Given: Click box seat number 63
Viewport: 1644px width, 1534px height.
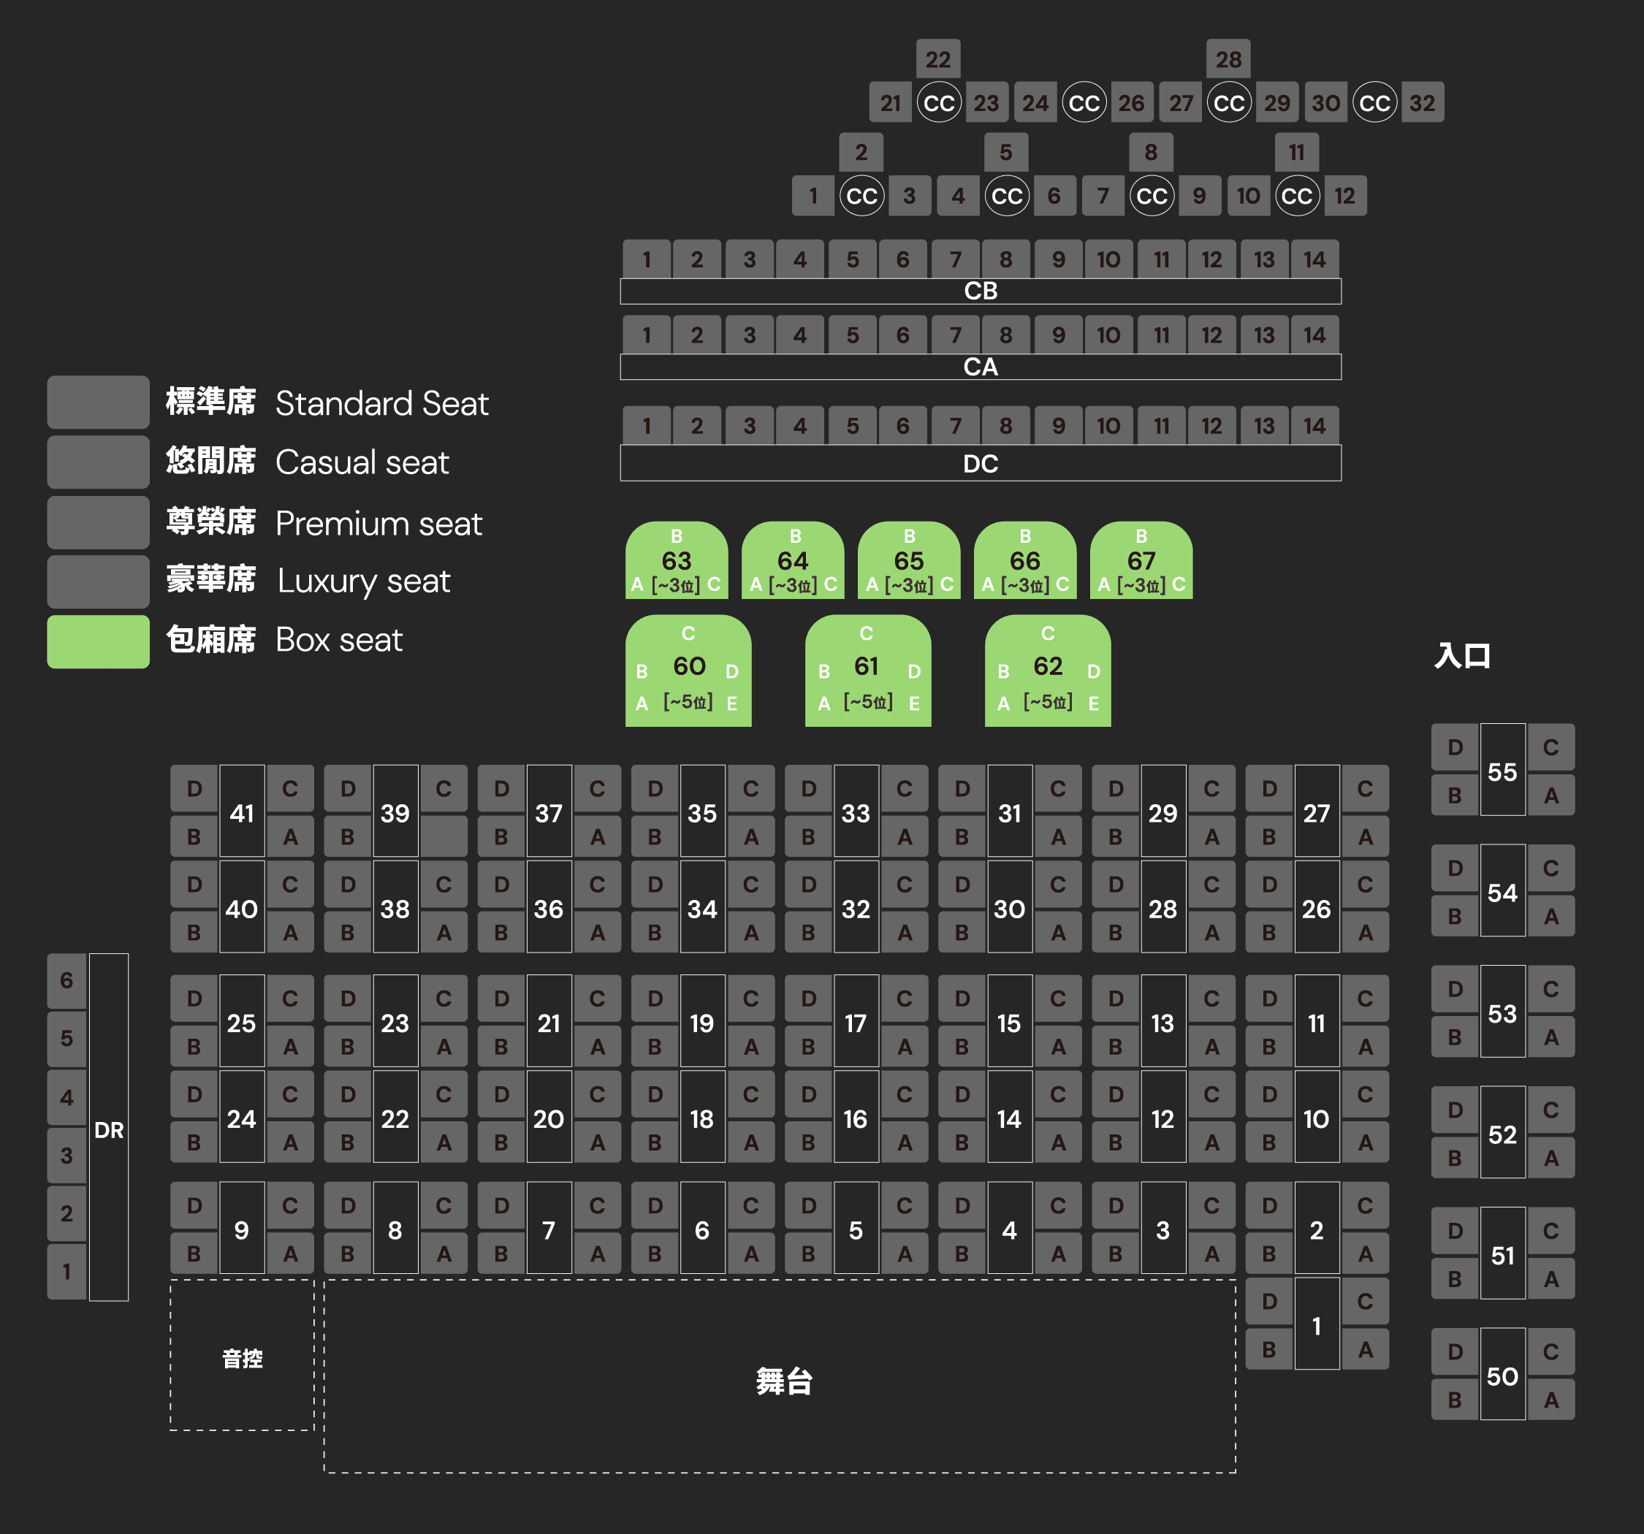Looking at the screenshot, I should point(677,561).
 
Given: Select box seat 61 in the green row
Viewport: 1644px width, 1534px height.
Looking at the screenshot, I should point(867,666).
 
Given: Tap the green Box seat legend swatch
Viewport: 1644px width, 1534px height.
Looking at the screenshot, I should point(98,641).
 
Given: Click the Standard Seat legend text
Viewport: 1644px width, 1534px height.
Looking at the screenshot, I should point(381,403).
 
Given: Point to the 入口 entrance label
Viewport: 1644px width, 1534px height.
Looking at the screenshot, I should point(1462,656).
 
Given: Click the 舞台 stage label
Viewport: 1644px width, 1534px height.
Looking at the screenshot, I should point(783,1381).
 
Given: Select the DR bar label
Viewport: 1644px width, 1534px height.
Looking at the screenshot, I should point(109,1129).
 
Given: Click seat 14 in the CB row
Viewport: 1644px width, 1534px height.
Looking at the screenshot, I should point(1314,259).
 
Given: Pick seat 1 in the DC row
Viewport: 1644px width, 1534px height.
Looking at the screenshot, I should point(647,426).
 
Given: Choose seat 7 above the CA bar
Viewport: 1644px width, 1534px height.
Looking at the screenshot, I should point(955,335).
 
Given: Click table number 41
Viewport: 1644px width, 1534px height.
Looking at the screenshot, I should point(241,813).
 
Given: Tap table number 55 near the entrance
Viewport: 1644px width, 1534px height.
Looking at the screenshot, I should point(1502,771).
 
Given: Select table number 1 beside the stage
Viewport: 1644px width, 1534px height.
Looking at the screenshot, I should point(1317,1326).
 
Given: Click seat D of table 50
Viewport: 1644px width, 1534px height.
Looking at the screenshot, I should point(1455,1351).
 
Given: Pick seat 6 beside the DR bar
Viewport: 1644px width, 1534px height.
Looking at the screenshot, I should point(66,981).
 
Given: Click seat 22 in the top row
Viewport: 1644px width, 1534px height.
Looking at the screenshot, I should point(937,60).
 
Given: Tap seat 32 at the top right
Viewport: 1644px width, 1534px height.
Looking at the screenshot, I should point(1423,104).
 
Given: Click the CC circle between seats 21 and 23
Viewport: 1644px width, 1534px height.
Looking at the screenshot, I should point(939,104).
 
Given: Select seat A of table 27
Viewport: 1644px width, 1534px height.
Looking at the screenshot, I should point(1366,837).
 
